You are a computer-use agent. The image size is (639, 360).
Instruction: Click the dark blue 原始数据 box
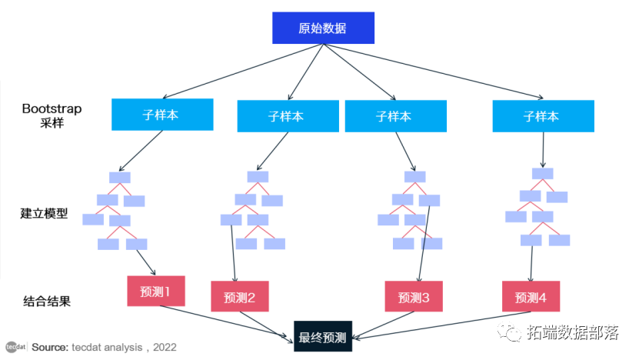click(323, 28)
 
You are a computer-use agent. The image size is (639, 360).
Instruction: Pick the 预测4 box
click(531, 296)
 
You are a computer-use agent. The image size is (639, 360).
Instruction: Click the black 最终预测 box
click(322, 336)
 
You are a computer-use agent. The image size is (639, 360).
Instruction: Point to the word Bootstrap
click(52, 108)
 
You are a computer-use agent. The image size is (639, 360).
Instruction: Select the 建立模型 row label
click(44, 213)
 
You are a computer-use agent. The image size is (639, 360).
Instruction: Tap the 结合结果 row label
click(47, 301)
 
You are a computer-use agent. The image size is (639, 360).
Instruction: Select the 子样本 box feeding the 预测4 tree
click(542, 116)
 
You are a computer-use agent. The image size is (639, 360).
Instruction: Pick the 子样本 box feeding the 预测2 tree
click(286, 116)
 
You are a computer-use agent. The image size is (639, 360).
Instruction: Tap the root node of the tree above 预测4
click(543, 174)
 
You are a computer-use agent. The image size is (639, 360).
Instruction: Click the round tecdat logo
click(13, 346)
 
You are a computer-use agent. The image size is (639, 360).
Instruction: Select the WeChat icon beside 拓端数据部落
click(509, 332)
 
